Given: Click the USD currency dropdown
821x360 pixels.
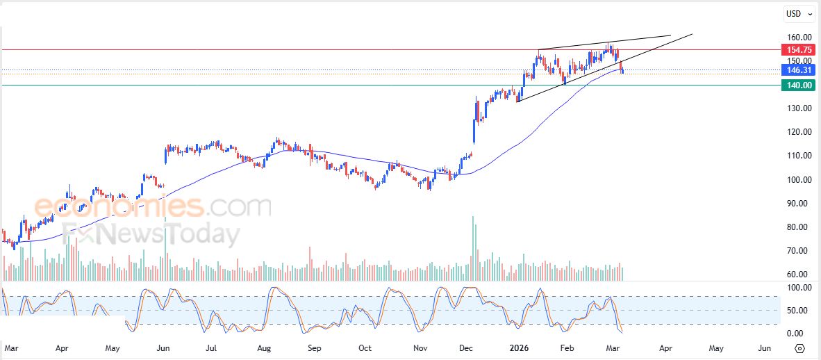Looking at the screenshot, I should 793,13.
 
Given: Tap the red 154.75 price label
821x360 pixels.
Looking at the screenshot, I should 797,50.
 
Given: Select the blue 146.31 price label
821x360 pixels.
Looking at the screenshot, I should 797,70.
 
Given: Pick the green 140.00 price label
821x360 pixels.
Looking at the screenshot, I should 797,85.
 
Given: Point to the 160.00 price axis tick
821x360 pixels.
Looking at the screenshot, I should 799,38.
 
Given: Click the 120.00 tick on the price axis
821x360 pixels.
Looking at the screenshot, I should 799,132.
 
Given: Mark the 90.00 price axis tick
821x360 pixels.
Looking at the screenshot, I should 799,204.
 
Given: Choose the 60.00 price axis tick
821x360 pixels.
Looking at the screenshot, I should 799,275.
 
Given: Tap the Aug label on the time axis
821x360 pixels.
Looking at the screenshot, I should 264,347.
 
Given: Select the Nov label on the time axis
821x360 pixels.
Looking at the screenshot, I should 420,347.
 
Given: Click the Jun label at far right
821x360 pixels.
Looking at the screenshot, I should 764,347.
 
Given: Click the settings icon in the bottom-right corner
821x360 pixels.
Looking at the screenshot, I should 799,348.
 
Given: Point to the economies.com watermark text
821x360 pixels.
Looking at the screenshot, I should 152,206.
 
